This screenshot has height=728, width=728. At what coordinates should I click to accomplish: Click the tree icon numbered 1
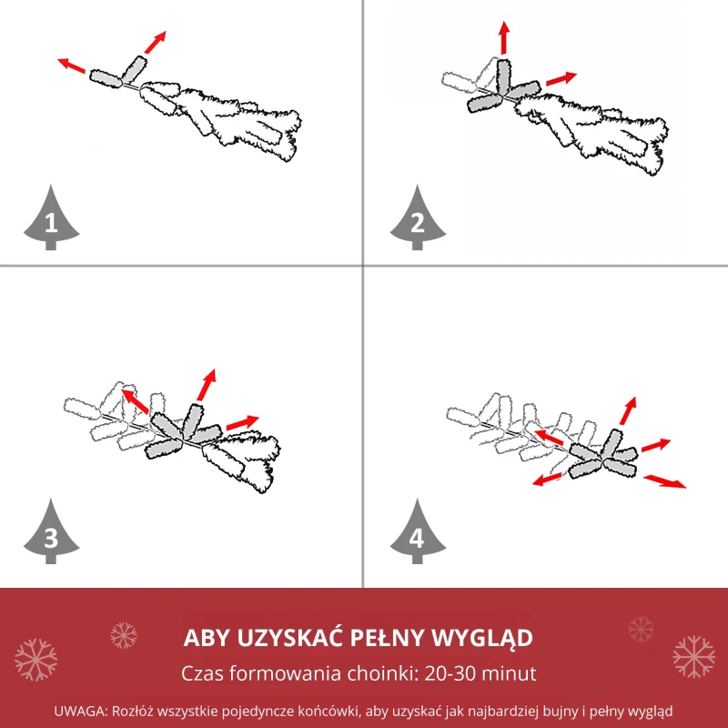pos(51,218)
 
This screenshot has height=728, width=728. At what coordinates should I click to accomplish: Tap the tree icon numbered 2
pos(418,218)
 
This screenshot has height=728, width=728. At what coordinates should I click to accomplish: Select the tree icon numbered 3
pos(51,532)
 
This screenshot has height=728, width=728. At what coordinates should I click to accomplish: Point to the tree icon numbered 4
pos(418,532)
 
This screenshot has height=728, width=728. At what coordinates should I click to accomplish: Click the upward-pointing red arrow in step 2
pos(504,37)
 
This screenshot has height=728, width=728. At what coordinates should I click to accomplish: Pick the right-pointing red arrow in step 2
pos(561,79)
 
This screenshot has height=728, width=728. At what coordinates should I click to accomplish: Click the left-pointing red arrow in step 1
pos(72,66)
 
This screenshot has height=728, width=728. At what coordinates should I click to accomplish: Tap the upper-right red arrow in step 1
pos(155,42)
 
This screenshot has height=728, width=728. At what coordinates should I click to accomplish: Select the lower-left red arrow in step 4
pos(547,480)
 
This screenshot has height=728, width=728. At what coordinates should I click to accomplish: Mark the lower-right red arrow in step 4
pos(664,481)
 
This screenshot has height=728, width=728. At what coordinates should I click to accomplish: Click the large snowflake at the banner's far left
pos(35,660)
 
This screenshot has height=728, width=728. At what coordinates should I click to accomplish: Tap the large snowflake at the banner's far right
pos(693,657)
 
